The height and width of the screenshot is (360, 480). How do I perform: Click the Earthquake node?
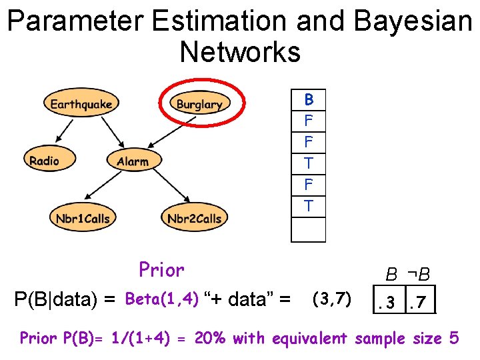pyautogui.click(x=81, y=104)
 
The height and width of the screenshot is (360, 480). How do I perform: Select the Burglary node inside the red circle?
pyautogui.click(x=199, y=104)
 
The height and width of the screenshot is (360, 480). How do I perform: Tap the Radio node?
pyautogui.click(x=44, y=161)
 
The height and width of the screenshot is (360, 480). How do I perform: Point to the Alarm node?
pyautogui.click(x=133, y=161)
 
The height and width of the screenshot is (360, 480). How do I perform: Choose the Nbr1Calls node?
pyautogui.click(x=83, y=218)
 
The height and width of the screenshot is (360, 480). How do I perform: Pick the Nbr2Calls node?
pyautogui.click(x=194, y=218)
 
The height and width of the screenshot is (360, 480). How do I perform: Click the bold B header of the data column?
pyautogui.click(x=309, y=100)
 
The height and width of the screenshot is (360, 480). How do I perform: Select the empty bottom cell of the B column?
pyautogui.click(x=309, y=229)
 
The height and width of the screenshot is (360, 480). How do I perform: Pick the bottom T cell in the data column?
pyautogui.click(x=309, y=206)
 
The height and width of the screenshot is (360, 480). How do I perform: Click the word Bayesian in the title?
pyautogui.click(x=413, y=21)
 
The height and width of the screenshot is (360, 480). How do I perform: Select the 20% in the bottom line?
pyautogui.click(x=210, y=339)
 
